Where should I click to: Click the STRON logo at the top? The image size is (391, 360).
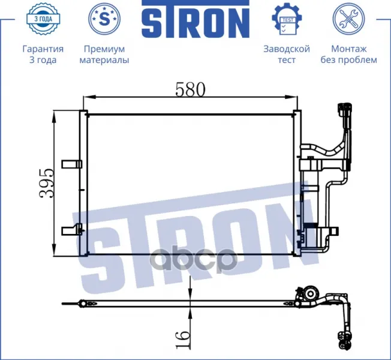tap(195, 19)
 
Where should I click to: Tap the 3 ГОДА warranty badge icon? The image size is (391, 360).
tap(43, 19)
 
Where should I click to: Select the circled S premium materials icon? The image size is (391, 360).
tap(104, 19)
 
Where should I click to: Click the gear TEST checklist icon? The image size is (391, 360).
tap(287, 19)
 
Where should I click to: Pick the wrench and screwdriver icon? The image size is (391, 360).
tap(348, 19)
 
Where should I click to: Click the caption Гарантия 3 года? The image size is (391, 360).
tap(43, 54)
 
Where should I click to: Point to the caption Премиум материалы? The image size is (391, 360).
tap(104, 54)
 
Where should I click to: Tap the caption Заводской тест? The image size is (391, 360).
tap(287, 54)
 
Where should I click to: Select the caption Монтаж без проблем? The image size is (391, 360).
tap(348, 54)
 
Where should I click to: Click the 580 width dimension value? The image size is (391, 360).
tap(190, 89)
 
